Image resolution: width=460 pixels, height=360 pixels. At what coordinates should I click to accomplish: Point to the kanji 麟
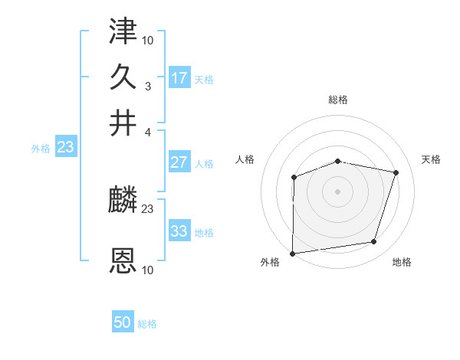pos(123,201)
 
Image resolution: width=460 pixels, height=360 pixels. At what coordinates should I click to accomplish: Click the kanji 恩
pos(123,260)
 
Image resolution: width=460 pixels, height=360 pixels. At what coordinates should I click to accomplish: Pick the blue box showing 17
pos(179,77)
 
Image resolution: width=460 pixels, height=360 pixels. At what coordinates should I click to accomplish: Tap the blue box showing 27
pos(179,162)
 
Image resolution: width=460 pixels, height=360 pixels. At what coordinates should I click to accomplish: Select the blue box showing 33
pos(179,231)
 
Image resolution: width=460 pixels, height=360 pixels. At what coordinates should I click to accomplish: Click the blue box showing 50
pos(123,322)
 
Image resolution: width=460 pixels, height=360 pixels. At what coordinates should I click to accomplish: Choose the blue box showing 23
pos(65,147)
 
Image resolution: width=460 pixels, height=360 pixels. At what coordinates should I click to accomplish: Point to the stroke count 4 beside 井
pos(148,133)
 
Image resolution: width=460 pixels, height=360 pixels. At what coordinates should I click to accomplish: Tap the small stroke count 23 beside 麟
pos(148,209)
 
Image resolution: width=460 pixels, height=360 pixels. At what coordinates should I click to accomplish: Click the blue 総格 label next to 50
pos(147,324)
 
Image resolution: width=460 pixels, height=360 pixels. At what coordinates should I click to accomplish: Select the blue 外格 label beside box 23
pos(41,149)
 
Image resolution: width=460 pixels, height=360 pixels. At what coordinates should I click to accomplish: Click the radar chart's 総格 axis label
pos(338,100)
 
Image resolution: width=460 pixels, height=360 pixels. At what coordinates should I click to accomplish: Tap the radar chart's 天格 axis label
pos(432,159)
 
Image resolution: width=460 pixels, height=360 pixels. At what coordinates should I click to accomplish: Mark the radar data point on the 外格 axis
pos(293,254)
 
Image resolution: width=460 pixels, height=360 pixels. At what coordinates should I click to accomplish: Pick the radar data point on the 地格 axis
pos(374,242)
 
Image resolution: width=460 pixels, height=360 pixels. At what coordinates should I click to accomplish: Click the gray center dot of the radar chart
pos(338,191)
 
